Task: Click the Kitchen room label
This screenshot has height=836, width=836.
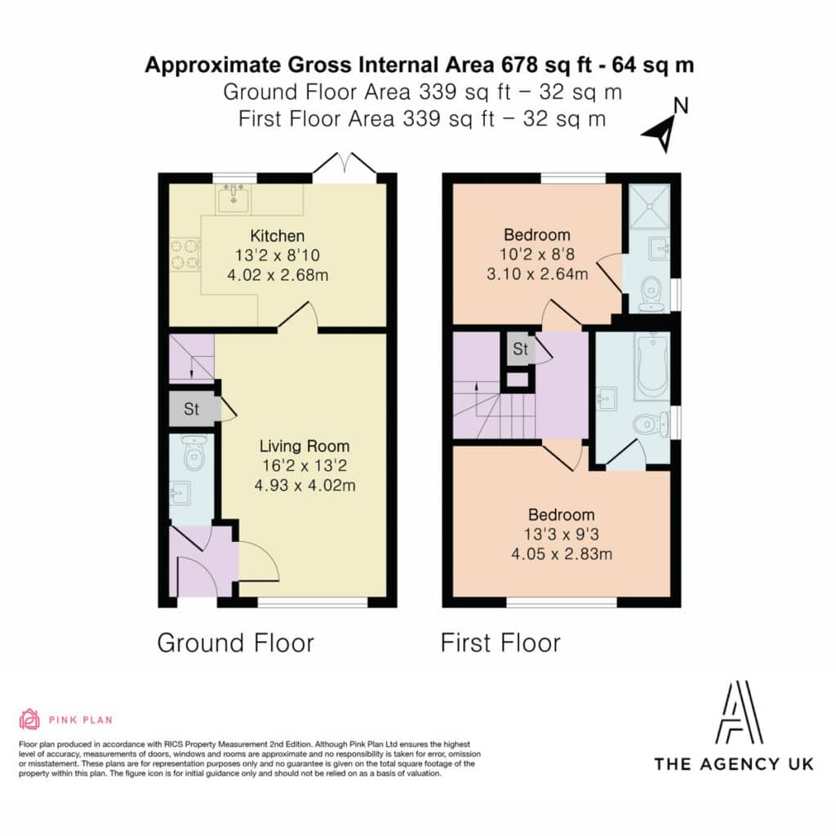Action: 278,236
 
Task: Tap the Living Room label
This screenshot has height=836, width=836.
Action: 305,446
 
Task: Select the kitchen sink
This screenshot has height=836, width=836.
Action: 233,198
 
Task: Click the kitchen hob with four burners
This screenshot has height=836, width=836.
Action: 185,255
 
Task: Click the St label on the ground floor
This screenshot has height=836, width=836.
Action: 191,409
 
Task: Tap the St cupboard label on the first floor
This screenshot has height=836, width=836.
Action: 520,349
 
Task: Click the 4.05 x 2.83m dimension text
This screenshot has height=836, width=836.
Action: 562,554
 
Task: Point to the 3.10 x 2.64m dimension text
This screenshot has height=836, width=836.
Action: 537,274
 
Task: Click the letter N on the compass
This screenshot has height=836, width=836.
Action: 681,106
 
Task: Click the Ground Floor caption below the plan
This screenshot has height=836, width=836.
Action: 236,643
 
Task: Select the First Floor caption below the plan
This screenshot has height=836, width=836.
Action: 500,643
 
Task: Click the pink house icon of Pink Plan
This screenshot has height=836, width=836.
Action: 29,719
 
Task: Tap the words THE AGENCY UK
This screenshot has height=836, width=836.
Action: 734,764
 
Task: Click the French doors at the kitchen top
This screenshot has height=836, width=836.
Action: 345,163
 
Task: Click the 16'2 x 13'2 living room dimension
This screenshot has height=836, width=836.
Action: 305,465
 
